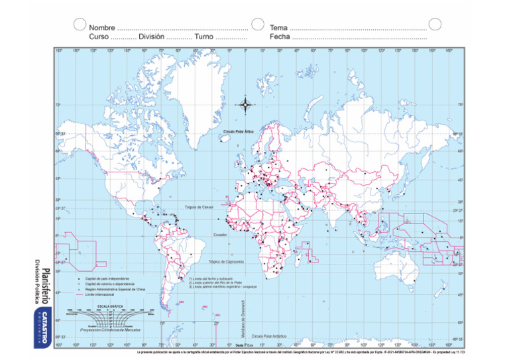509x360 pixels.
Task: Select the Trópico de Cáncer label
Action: click(199, 208)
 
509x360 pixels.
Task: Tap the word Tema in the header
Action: click(278, 28)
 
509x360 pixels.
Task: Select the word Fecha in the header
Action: click(280, 37)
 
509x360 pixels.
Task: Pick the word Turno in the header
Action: click(204, 37)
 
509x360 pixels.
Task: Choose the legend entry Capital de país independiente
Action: click(107, 279)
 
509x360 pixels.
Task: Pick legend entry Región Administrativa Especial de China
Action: click(114, 290)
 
